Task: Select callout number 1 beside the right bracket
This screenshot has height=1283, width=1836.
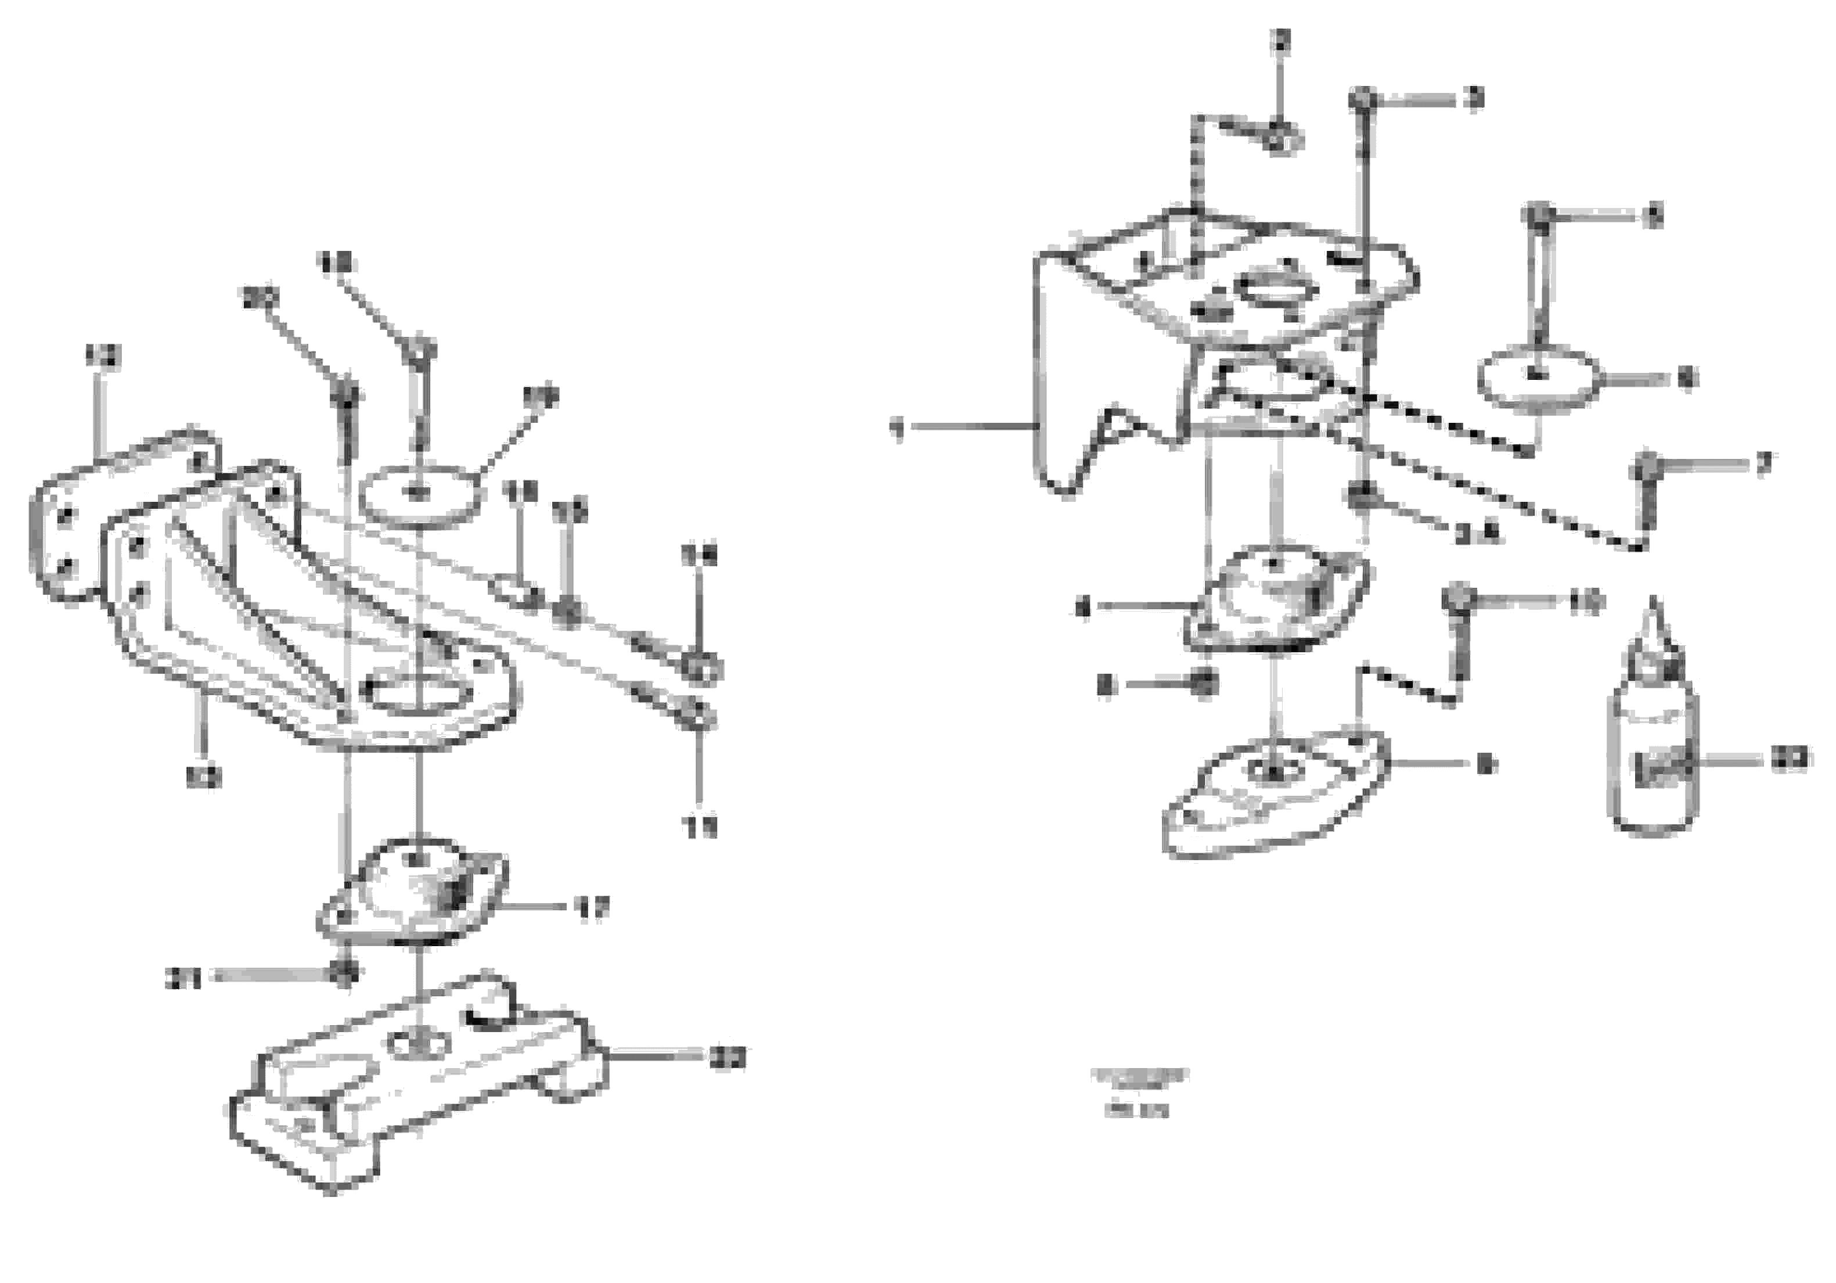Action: [x=897, y=429]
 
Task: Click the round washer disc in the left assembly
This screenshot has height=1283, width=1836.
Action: [x=420, y=494]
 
